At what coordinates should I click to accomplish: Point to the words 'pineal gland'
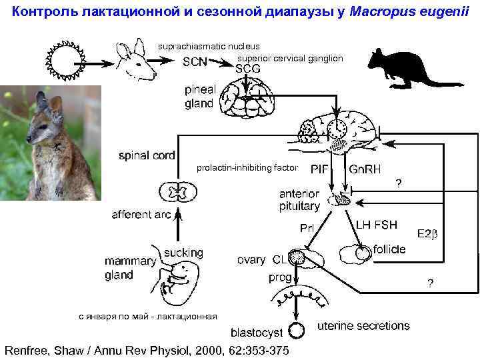[199, 97]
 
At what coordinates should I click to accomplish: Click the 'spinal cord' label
[146, 156]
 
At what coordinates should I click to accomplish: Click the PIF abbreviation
[319, 169]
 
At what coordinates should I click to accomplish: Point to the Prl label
[307, 228]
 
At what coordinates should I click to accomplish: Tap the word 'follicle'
[389, 249]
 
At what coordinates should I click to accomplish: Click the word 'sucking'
[183, 253]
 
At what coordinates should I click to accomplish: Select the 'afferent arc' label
[141, 215]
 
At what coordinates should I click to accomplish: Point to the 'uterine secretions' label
[363, 326]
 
